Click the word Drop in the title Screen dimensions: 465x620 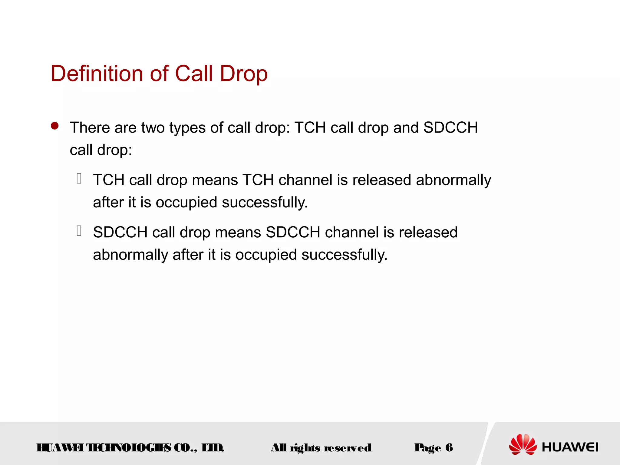243,74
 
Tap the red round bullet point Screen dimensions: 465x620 55,126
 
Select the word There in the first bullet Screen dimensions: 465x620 90,127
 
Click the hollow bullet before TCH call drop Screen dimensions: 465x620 79,179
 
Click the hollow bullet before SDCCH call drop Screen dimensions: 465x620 79,231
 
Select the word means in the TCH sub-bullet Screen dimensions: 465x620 215,180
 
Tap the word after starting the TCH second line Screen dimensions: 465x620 108,202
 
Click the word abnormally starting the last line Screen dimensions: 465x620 130,255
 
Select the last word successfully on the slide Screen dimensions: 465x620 344,255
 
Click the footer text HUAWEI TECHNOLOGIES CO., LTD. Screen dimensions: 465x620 130,447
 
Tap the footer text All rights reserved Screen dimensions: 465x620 321,448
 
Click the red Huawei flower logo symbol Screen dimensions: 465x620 523,444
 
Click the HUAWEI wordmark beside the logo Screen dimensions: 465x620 570,447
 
